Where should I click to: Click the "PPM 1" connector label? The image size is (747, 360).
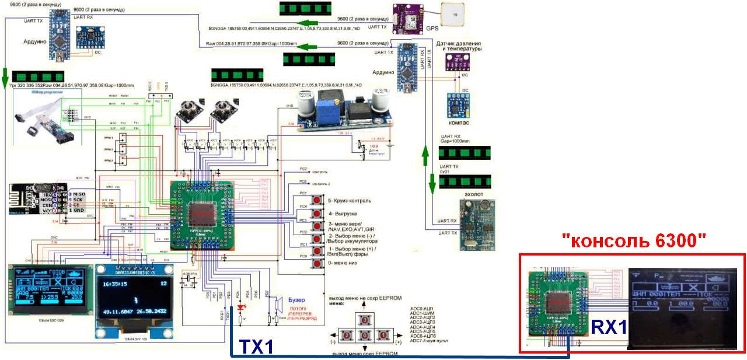108,138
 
